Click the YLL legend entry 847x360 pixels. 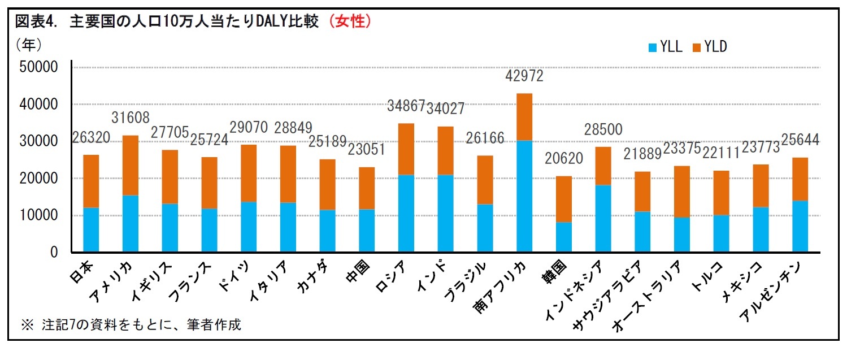[667, 47]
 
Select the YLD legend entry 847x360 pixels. [710, 47]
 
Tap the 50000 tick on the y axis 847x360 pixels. [39, 67]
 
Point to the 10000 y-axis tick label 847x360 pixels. [39, 215]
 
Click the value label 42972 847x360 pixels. [524, 76]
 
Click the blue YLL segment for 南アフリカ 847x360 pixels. [524, 196]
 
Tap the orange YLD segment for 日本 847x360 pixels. [91, 181]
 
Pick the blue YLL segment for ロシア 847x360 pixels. [406, 214]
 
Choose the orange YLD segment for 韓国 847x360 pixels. [563, 199]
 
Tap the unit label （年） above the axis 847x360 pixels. [29, 43]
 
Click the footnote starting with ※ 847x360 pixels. [131, 325]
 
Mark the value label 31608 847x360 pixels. [131, 118]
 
